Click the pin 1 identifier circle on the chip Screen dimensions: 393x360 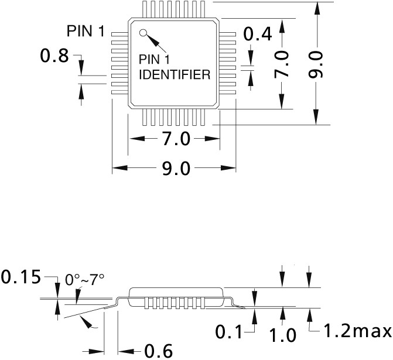click(143, 33)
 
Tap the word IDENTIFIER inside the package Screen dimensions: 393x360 click(175, 75)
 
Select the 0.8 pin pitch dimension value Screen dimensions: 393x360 click(54, 56)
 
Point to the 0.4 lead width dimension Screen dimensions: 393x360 click(258, 34)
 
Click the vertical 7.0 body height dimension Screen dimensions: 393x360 click(282, 64)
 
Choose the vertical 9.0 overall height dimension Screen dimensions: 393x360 click(316, 64)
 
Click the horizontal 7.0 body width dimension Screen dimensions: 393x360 click(176, 139)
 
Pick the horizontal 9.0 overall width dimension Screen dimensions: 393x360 click(176, 168)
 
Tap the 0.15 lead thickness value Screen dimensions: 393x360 click(21, 277)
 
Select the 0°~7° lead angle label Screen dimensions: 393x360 click(84, 280)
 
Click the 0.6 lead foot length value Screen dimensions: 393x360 click(159, 351)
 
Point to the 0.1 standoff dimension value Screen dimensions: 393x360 click(229, 332)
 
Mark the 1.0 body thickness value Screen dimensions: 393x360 click(282, 335)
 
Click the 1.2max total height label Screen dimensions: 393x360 click(358, 331)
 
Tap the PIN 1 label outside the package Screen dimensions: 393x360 click(86, 31)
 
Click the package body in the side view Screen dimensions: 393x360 click(176, 297)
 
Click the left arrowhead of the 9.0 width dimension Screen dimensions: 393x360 click(120, 168)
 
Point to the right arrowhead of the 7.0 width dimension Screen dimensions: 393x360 click(212, 139)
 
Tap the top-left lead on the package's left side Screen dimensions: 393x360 click(120, 34)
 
